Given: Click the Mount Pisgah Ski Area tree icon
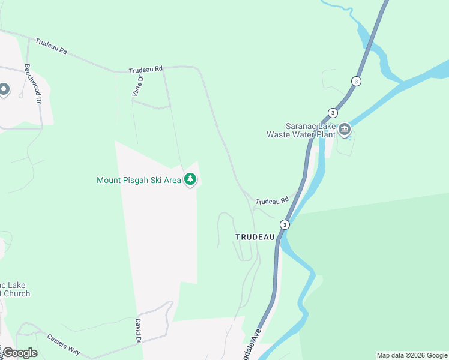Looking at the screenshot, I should (190, 179).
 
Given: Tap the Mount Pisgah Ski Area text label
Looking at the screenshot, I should (139, 180).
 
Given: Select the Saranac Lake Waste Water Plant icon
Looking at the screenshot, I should (345, 129).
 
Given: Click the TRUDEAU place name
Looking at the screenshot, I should (255, 237).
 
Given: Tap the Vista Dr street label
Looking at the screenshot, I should (138, 85).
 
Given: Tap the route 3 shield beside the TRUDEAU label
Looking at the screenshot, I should (285, 224).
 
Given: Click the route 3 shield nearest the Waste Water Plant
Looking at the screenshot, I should (333, 113).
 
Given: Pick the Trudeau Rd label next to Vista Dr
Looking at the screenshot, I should (146, 70).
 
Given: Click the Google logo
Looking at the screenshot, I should (20, 352).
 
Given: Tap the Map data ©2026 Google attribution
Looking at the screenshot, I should (412, 355).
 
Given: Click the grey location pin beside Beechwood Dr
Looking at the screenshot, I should (4, 90).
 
